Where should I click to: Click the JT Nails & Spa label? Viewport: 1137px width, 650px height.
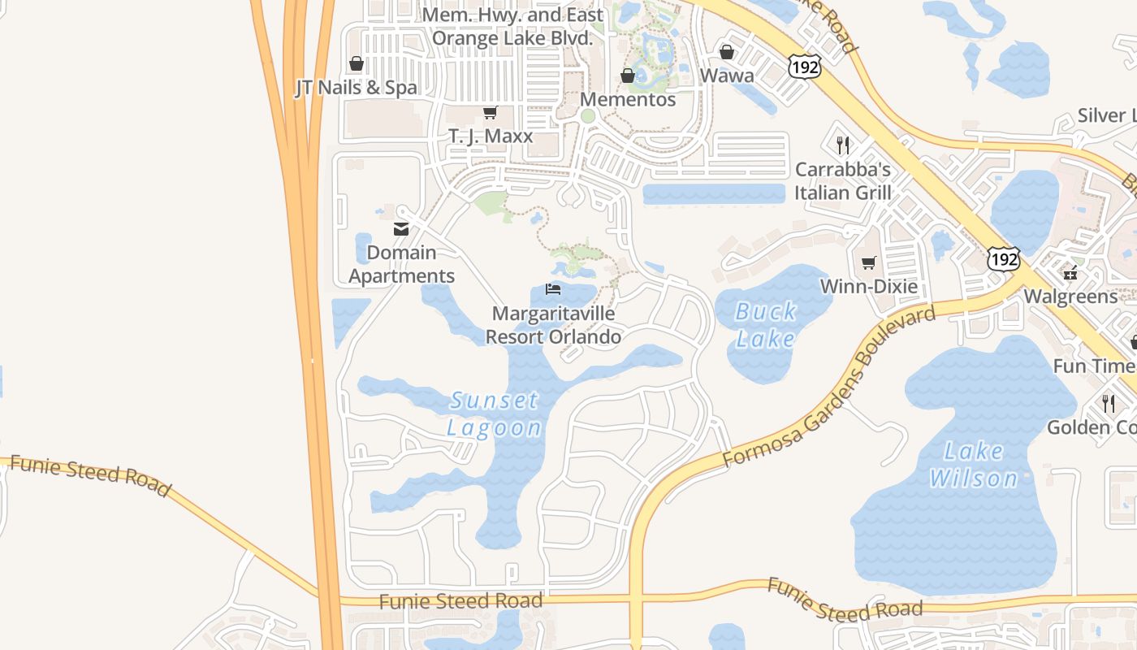[356, 88]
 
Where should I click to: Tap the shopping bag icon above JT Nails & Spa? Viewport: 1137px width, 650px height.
[356, 63]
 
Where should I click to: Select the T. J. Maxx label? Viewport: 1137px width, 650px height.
[491, 136]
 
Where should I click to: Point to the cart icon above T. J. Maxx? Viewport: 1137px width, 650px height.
[490, 113]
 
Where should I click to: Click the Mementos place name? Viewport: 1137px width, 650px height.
[629, 99]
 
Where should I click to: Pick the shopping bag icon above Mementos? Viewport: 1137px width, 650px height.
[628, 76]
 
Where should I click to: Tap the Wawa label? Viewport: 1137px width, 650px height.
[727, 76]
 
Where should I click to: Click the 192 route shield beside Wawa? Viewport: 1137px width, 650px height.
[804, 67]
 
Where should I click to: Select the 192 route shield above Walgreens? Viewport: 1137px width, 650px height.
[1004, 259]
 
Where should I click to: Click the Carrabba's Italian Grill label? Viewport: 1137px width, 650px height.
[842, 181]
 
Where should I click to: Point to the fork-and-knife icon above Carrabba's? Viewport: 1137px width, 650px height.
[843, 145]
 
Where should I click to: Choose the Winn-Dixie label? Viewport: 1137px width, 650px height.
[868, 286]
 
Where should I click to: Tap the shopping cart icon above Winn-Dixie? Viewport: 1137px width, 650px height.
[868, 262]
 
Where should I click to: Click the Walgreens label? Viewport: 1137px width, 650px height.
[1070, 296]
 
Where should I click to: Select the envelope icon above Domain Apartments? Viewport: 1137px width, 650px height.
[401, 229]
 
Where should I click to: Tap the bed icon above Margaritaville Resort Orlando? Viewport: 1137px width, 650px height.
[553, 289]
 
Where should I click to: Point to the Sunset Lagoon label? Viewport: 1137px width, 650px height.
[494, 414]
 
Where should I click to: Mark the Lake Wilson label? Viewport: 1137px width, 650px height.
[974, 465]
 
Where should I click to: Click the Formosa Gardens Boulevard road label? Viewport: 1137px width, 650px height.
[828, 388]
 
